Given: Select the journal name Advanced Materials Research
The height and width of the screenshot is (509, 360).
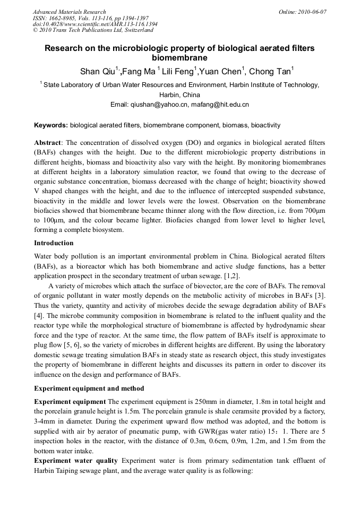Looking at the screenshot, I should point(70,12).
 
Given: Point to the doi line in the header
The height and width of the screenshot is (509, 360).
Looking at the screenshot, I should point(95,24).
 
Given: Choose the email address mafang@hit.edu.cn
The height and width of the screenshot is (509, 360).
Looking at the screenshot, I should point(220,105).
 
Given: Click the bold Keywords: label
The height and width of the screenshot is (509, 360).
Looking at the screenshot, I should point(51,125).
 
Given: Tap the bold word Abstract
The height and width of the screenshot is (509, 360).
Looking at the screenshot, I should point(48,143).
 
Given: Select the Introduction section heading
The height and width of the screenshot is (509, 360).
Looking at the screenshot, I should point(54,243).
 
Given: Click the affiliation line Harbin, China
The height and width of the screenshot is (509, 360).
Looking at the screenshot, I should point(179,95).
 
